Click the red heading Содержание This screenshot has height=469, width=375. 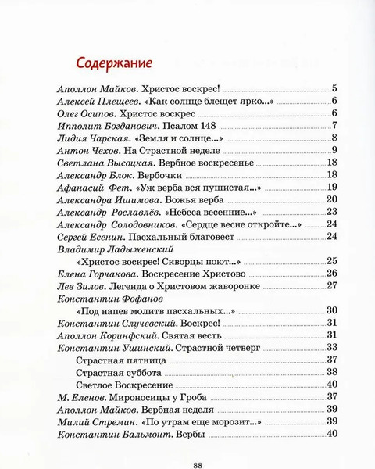[112, 62]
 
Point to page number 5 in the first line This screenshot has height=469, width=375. [334, 88]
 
